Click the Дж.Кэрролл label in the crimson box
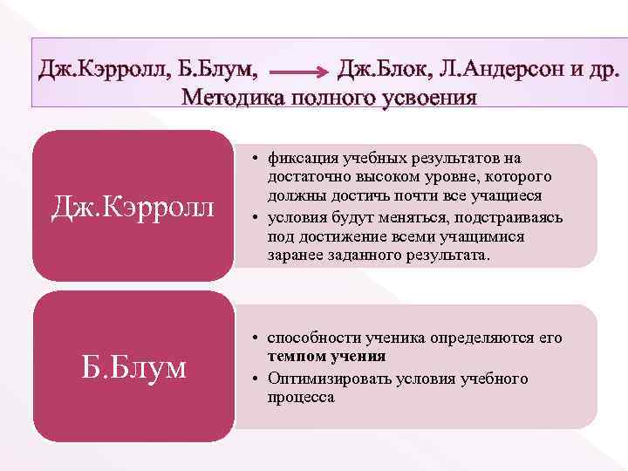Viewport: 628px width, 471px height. coord(132,207)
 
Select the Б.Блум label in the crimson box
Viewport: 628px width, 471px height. coord(133,367)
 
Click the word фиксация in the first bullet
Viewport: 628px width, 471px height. coord(298,158)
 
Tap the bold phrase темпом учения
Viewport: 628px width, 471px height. coord(326,357)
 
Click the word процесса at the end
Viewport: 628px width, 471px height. coord(301,397)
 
